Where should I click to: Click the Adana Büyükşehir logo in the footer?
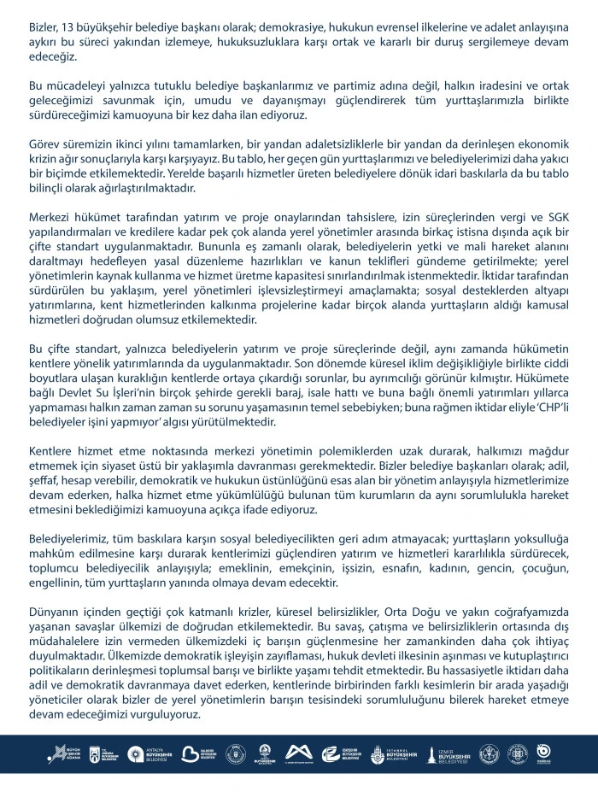coord(56,753)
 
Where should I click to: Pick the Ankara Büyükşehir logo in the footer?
coord(99,753)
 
